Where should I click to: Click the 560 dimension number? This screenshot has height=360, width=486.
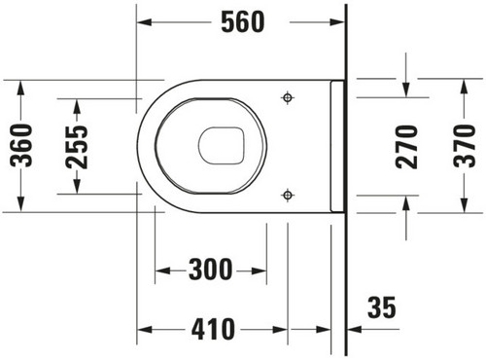243,21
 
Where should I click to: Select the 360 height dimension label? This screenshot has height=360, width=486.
21,146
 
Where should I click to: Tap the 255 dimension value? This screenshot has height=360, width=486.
77,148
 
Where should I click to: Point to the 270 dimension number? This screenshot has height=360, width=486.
406,147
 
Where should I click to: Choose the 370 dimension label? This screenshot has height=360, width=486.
465,146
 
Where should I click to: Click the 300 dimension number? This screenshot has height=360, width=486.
211,270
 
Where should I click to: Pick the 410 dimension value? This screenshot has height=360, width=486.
213,329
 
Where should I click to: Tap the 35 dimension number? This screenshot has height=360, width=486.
382,306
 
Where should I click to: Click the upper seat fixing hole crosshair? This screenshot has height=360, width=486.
288,97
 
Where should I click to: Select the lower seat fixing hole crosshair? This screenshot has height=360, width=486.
288,195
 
